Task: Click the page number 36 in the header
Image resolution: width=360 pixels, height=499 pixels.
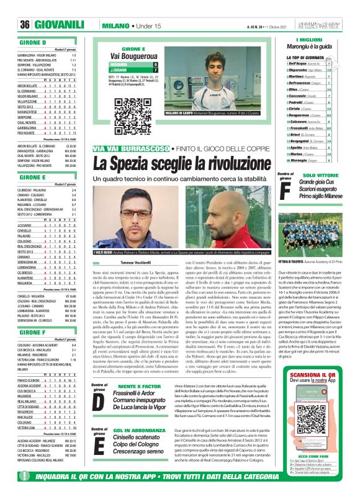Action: coord(25,25)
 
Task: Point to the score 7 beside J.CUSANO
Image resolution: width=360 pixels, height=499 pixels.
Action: coord(155,70)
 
